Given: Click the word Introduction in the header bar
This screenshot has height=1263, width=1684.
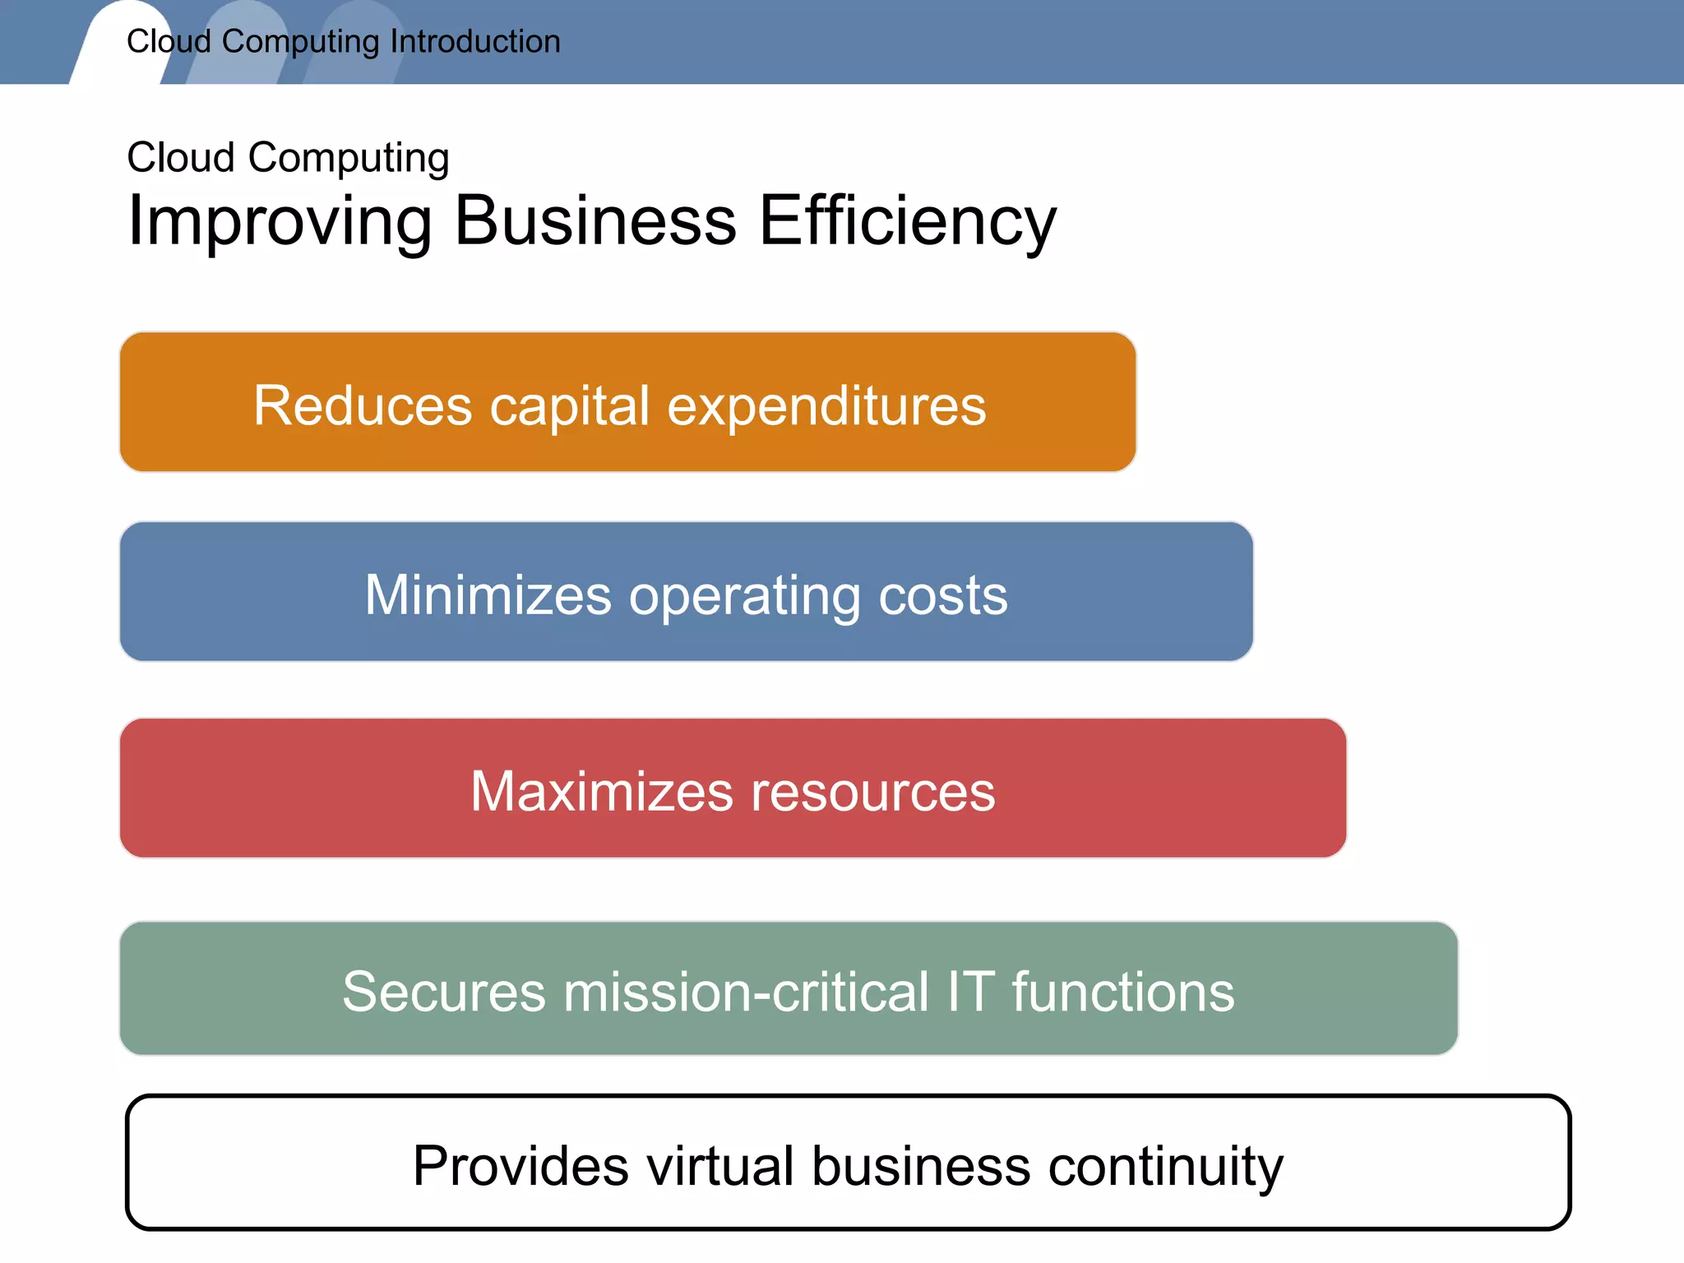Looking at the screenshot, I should point(475,42).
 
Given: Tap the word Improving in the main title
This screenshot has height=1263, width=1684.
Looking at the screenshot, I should point(280,222).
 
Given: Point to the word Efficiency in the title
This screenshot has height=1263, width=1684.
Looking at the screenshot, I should point(908,222).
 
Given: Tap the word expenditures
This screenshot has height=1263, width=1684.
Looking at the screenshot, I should point(826,407).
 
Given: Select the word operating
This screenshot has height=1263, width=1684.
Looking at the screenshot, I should point(745,597).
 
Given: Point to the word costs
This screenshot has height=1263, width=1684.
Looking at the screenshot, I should point(943,595).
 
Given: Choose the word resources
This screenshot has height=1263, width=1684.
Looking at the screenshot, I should point(873,793).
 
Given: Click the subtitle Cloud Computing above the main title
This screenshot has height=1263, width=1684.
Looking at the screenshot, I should point(288,158).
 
